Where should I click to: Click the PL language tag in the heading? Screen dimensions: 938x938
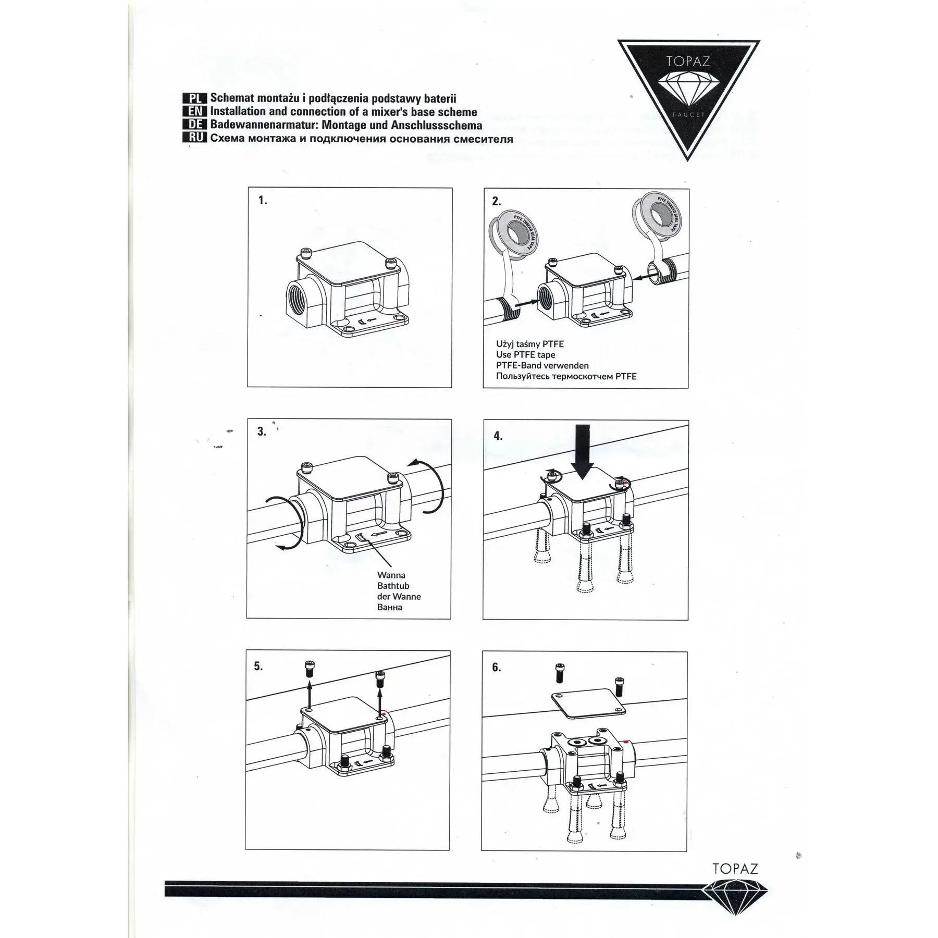(x=195, y=98)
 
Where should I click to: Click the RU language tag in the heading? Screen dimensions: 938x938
(x=195, y=138)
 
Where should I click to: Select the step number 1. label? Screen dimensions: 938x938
(x=263, y=201)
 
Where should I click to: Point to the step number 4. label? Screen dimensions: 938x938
(x=498, y=436)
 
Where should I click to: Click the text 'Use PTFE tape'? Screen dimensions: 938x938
(x=525, y=354)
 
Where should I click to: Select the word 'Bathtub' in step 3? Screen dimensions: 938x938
(x=393, y=586)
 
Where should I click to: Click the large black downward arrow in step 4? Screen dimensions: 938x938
(x=582, y=452)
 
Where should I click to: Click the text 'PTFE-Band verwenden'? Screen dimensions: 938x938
(x=542, y=365)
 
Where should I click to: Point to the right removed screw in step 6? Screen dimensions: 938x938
(x=619, y=686)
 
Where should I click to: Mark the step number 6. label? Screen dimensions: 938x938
(x=497, y=668)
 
